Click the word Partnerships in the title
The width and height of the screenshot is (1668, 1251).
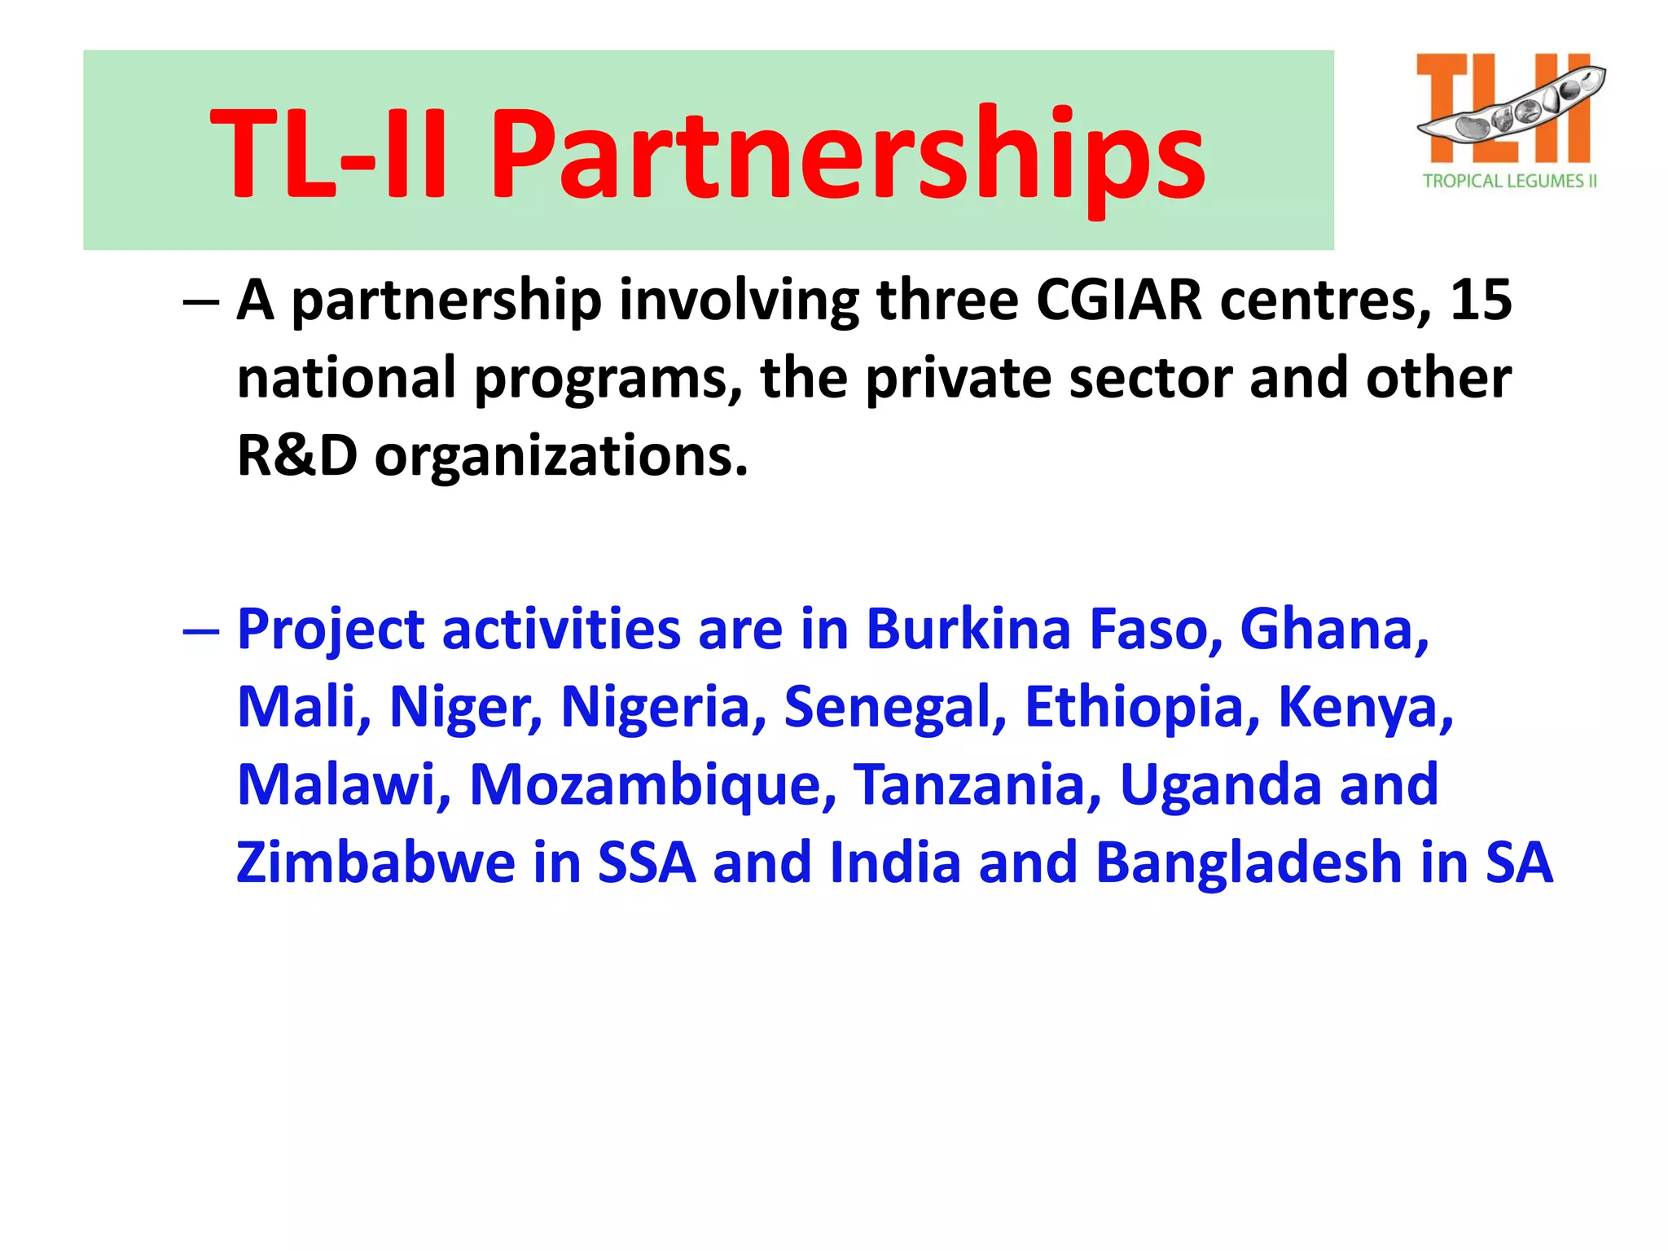click(x=847, y=155)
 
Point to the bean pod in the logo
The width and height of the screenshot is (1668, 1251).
click(x=1512, y=106)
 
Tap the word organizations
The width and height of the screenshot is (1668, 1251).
click(x=561, y=456)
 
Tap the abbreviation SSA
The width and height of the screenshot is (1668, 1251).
click(x=647, y=862)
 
